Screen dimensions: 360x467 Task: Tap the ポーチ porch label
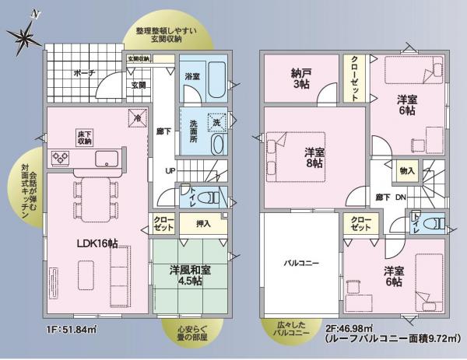point(84,73)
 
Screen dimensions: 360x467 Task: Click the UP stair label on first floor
point(170,171)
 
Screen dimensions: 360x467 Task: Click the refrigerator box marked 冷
point(137,119)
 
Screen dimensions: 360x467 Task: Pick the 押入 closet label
point(203,224)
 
